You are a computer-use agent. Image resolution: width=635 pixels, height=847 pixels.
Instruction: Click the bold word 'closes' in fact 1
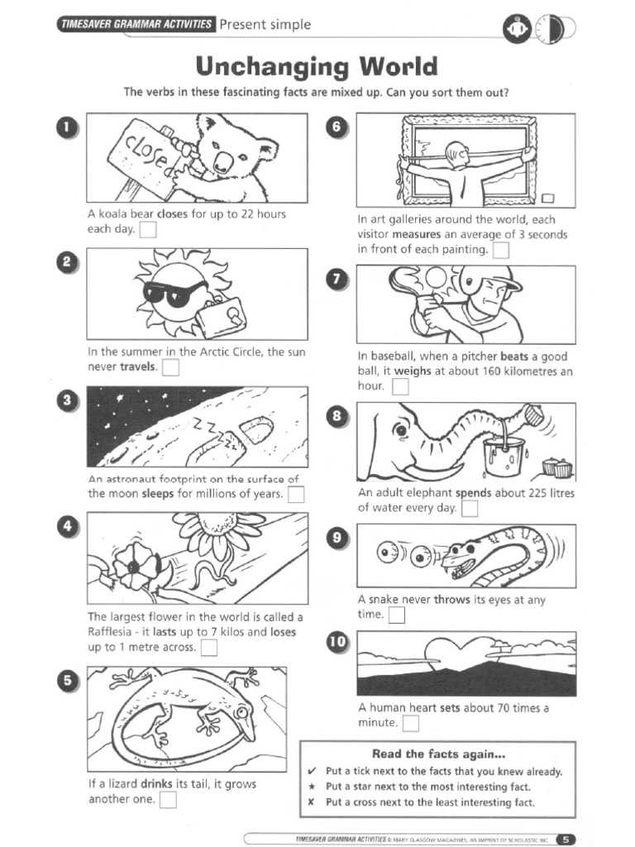point(172,214)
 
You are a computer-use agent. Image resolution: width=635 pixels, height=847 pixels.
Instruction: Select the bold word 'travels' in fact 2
point(138,366)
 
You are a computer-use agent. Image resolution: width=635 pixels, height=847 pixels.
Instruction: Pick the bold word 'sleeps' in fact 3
point(158,495)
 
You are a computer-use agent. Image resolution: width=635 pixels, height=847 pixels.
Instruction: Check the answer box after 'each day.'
point(148,230)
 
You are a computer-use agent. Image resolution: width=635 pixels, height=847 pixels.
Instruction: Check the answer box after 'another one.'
point(168,799)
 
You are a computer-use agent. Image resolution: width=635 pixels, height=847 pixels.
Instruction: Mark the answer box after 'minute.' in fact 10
point(410,724)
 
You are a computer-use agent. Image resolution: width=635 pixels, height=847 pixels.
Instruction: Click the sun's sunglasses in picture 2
point(174,291)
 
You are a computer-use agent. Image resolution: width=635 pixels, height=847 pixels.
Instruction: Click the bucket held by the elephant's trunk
point(504,457)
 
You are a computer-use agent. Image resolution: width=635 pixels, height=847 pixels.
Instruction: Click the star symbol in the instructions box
point(312,787)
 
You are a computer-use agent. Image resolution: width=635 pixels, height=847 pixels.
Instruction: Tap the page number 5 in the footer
point(566,839)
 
